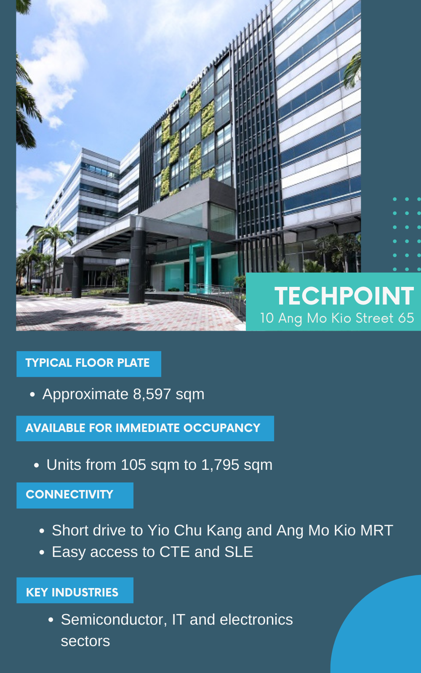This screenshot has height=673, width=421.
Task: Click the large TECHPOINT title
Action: (x=344, y=296)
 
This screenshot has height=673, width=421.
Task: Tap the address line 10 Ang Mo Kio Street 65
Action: (x=337, y=318)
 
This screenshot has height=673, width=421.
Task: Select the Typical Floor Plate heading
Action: (x=88, y=363)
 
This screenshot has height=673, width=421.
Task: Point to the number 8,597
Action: (x=152, y=394)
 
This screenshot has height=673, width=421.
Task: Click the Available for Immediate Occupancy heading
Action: (x=143, y=428)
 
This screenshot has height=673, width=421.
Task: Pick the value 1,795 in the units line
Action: (x=220, y=465)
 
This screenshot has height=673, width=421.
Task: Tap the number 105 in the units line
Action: (x=133, y=465)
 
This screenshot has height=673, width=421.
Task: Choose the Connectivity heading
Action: (x=69, y=495)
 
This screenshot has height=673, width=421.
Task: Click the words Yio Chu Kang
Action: (x=195, y=530)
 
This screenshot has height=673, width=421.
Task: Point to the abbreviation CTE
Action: (x=174, y=552)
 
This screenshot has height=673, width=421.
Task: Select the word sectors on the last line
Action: (x=85, y=641)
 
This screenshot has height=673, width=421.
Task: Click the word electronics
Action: (x=256, y=620)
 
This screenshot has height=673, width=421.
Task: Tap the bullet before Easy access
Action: (x=42, y=552)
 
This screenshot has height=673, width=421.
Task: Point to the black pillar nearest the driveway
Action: (x=137, y=266)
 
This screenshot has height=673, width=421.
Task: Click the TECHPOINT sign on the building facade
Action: (x=187, y=90)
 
